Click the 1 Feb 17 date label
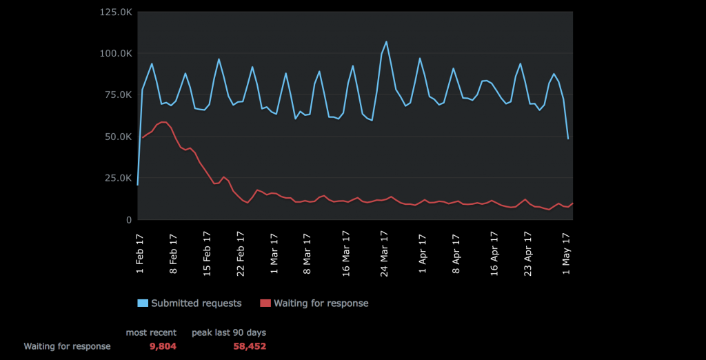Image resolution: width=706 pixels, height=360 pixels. tap(141, 252)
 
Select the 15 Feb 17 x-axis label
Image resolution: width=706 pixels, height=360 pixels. tap(208, 253)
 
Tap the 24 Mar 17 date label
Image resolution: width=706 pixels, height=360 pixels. tap(383, 253)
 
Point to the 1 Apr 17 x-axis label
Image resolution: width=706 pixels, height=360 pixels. tap(423, 252)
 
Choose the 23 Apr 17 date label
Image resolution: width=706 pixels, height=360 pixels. tap(529, 253)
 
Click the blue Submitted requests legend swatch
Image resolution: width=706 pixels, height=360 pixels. tap(143, 303)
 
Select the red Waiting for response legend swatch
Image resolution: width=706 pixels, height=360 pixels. tap(265, 303)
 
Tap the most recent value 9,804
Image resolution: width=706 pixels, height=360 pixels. tap(163, 346)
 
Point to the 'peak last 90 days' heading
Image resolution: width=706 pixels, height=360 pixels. tap(229, 332)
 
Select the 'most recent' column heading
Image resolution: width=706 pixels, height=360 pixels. tap(151, 332)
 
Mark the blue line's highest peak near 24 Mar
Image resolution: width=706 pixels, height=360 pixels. tap(386, 41)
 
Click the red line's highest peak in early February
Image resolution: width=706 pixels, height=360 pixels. tap(164, 122)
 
